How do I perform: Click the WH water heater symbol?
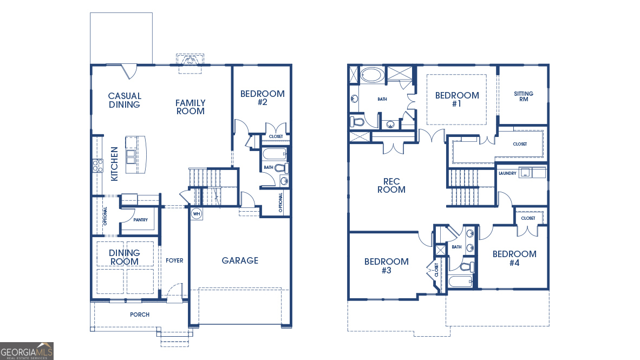[196, 214]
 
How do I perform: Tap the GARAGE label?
[240, 260]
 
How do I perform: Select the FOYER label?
[174, 260]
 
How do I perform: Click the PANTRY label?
[141, 220]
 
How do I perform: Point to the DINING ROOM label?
[124, 257]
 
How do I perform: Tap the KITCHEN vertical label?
[114, 164]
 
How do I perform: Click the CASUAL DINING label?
[125, 100]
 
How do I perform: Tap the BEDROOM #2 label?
[262, 97]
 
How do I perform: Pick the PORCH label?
[139, 315]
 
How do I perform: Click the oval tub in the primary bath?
[371, 75]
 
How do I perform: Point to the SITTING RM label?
[523, 96]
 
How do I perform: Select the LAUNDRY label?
[507, 174]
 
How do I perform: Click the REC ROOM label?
[391, 185]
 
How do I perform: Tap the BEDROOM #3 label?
[386, 265]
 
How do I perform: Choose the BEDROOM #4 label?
[514, 258]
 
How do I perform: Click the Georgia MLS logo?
[27, 351]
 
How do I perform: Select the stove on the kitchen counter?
[97, 165]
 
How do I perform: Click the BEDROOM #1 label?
[457, 99]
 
